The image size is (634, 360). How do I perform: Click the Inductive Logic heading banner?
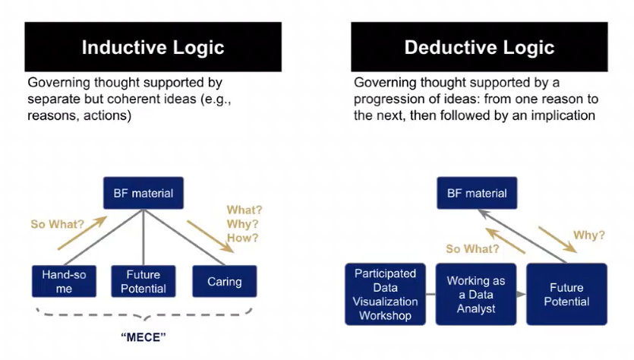[x=153, y=47]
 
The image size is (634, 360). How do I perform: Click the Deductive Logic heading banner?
[x=479, y=47]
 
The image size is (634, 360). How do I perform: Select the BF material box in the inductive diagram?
[x=142, y=193]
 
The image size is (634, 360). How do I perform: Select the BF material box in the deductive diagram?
[x=476, y=193]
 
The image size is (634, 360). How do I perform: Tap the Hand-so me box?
[x=64, y=281]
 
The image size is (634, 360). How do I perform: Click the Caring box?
[x=225, y=281]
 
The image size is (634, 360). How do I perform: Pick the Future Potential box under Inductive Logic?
[x=144, y=281]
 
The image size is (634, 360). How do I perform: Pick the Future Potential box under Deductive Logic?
[x=566, y=295]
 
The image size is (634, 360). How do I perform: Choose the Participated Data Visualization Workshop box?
[x=386, y=295]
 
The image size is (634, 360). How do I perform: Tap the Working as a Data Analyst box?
[x=475, y=295]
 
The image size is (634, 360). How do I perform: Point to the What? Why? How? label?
[x=242, y=224]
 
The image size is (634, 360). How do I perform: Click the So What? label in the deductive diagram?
[x=472, y=248]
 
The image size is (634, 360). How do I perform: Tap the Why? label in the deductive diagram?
[x=588, y=235]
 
